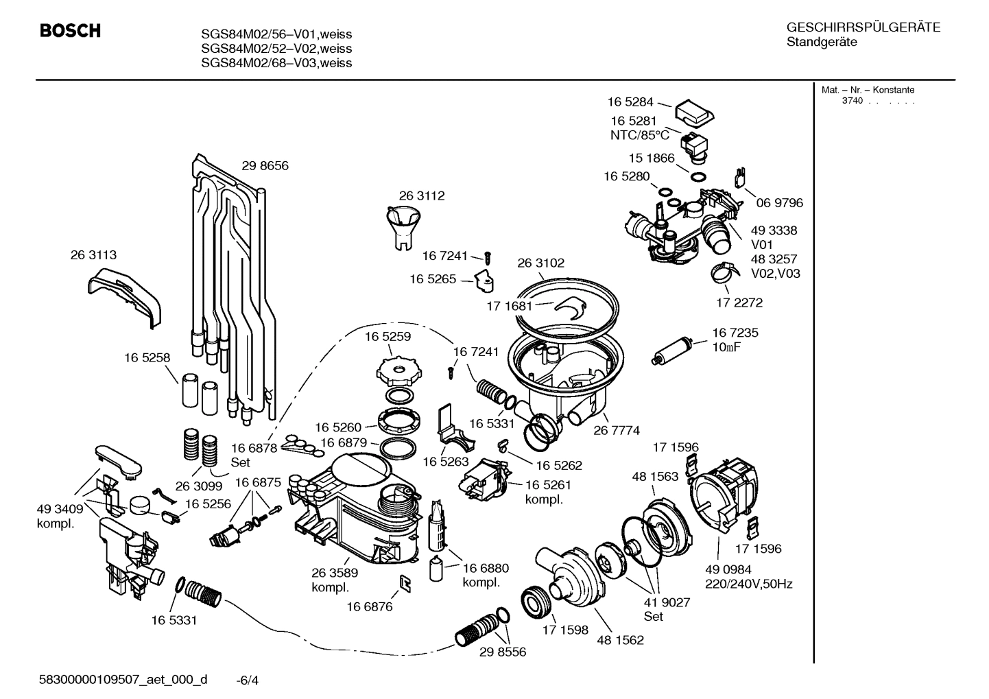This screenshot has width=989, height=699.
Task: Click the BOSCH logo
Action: (70, 31)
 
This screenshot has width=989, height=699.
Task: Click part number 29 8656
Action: (265, 165)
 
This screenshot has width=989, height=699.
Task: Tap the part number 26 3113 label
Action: (93, 254)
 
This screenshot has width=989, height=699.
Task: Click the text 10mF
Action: (726, 347)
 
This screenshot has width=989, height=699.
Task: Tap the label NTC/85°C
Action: (639, 135)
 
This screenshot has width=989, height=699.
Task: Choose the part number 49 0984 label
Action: (728, 569)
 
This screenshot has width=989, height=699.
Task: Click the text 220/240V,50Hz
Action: (749, 584)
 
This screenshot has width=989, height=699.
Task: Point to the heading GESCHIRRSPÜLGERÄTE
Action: (863, 27)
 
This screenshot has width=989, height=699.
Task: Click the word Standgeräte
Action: (822, 43)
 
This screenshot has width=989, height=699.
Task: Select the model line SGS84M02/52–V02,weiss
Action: (276, 49)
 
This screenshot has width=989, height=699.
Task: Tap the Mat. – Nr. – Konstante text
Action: (868, 90)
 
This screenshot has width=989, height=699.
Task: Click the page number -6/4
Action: (247, 680)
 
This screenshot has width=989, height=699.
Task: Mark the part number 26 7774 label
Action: (616, 430)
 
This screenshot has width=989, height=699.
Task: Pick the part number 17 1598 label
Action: (565, 630)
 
